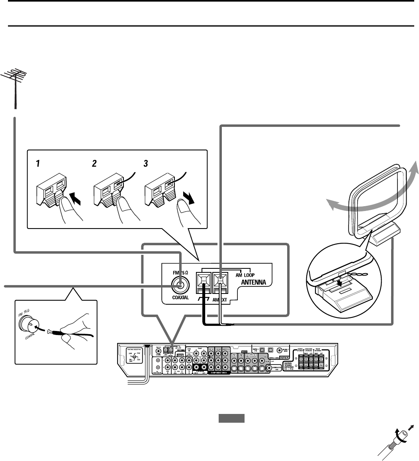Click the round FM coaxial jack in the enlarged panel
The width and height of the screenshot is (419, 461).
179,285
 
